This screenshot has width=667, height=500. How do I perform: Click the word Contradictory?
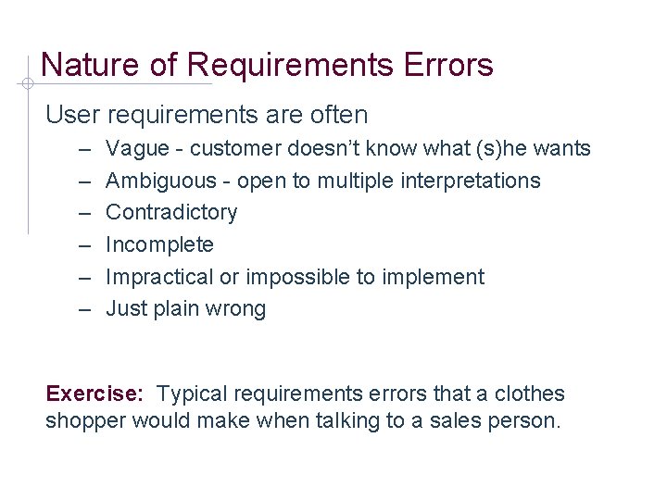tap(171, 212)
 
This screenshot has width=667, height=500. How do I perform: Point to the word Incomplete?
tap(159, 244)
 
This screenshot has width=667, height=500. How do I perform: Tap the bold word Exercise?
tap(94, 394)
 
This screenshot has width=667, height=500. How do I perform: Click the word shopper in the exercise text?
tap(86, 421)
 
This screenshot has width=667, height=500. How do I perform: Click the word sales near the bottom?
tap(447, 421)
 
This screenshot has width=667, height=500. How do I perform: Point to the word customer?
tap(236, 148)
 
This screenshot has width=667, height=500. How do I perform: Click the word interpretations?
tap(470, 181)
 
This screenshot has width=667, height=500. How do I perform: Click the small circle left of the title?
tap(28, 83)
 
